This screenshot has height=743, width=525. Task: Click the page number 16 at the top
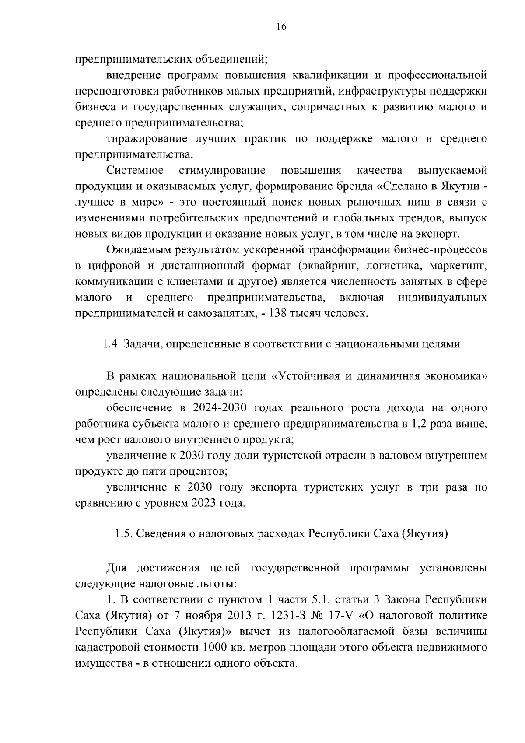(281, 27)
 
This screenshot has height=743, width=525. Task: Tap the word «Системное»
(135, 170)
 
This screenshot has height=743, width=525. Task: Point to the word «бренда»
(353, 186)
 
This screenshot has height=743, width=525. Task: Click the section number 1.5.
(124, 534)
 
